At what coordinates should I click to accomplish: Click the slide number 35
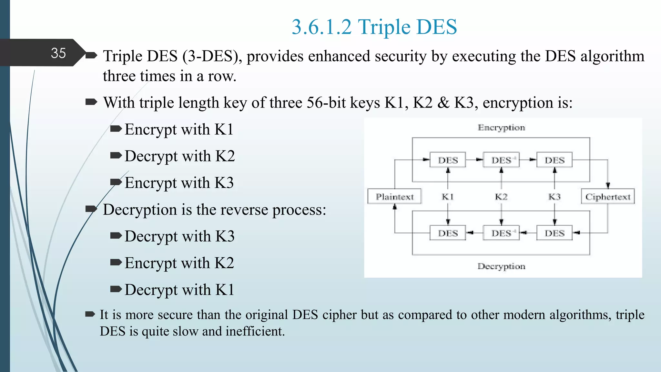(58, 53)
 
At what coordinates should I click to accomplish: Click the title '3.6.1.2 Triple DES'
(374, 27)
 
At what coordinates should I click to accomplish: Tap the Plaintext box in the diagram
(394, 196)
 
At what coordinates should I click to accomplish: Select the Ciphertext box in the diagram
(608, 196)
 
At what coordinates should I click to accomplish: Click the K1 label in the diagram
(448, 196)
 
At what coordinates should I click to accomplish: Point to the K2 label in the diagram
(501, 196)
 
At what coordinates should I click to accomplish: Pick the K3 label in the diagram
(554, 196)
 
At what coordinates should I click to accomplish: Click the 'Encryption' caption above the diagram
(501, 128)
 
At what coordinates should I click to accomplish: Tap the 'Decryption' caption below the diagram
(501, 266)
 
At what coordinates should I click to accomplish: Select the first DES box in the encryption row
(448, 160)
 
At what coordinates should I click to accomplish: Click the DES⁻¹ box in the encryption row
(501, 160)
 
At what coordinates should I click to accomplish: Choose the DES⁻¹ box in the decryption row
(501, 233)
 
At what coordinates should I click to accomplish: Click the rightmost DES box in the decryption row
(554, 233)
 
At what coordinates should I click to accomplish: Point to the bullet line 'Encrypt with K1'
(178, 129)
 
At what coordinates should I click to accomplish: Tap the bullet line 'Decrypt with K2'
(179, 156)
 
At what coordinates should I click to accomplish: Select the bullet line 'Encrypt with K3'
(179, 183)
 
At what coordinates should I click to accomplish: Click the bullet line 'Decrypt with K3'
(179, 236)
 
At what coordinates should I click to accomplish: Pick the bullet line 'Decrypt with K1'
(179, 290)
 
